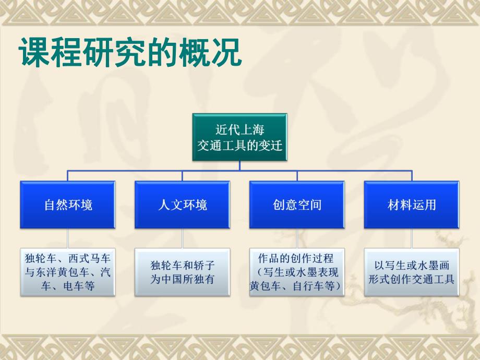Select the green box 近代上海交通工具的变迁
pos(239,137)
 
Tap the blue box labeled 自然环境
pos(68,205)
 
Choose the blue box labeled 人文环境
pos(182,205)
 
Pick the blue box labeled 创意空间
pos(297,205)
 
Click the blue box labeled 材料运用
pos(412,205)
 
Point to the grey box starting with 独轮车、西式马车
pos(68,272)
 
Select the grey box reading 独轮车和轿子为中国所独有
pos(182,272)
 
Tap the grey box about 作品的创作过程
pos(297,272)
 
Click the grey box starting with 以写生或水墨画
pos(412,272)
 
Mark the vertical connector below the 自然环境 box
pos(68,238)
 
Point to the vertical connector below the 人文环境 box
pos(182,238)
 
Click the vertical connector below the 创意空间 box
pos(297,238)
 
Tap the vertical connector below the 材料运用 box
pos(412,238)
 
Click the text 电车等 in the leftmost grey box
pos(81,285)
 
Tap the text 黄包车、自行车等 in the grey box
pos(295,285)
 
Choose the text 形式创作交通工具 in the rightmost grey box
pos(412,279)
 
